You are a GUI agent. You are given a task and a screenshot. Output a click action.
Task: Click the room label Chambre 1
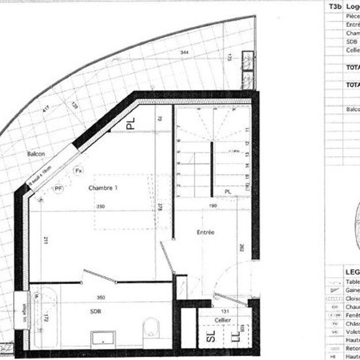click(x=103, y=189)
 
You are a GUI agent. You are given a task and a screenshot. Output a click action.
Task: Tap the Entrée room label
click(x=206, y=232)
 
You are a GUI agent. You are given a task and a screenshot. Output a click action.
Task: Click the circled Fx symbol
click(x=78, y=170)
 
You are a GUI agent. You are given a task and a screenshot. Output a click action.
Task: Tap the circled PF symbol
click(x=58, y=189)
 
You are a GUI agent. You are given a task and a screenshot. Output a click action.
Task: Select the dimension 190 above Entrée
click(x=212, y=206)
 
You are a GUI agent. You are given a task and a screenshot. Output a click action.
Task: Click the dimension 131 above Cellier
click(x=225, y=310)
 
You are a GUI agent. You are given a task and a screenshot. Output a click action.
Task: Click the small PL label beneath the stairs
click(x=228, y=191)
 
